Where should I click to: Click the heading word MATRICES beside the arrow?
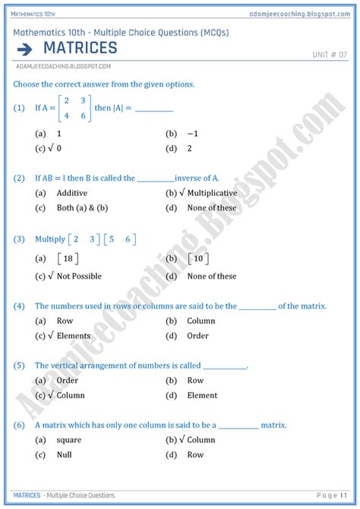pyautogui.click(x=80, y=49)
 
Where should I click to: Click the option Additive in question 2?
pyautogui.click(x=71, y=193)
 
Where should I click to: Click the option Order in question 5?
pyautogui.click(x=68, y=381)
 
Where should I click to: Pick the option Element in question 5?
pyautogui.click(x=202, y=395)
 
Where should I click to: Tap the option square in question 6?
pyautogui.click(x=69, y=440)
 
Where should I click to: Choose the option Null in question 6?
pyautogui.click(x=65, y=455)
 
